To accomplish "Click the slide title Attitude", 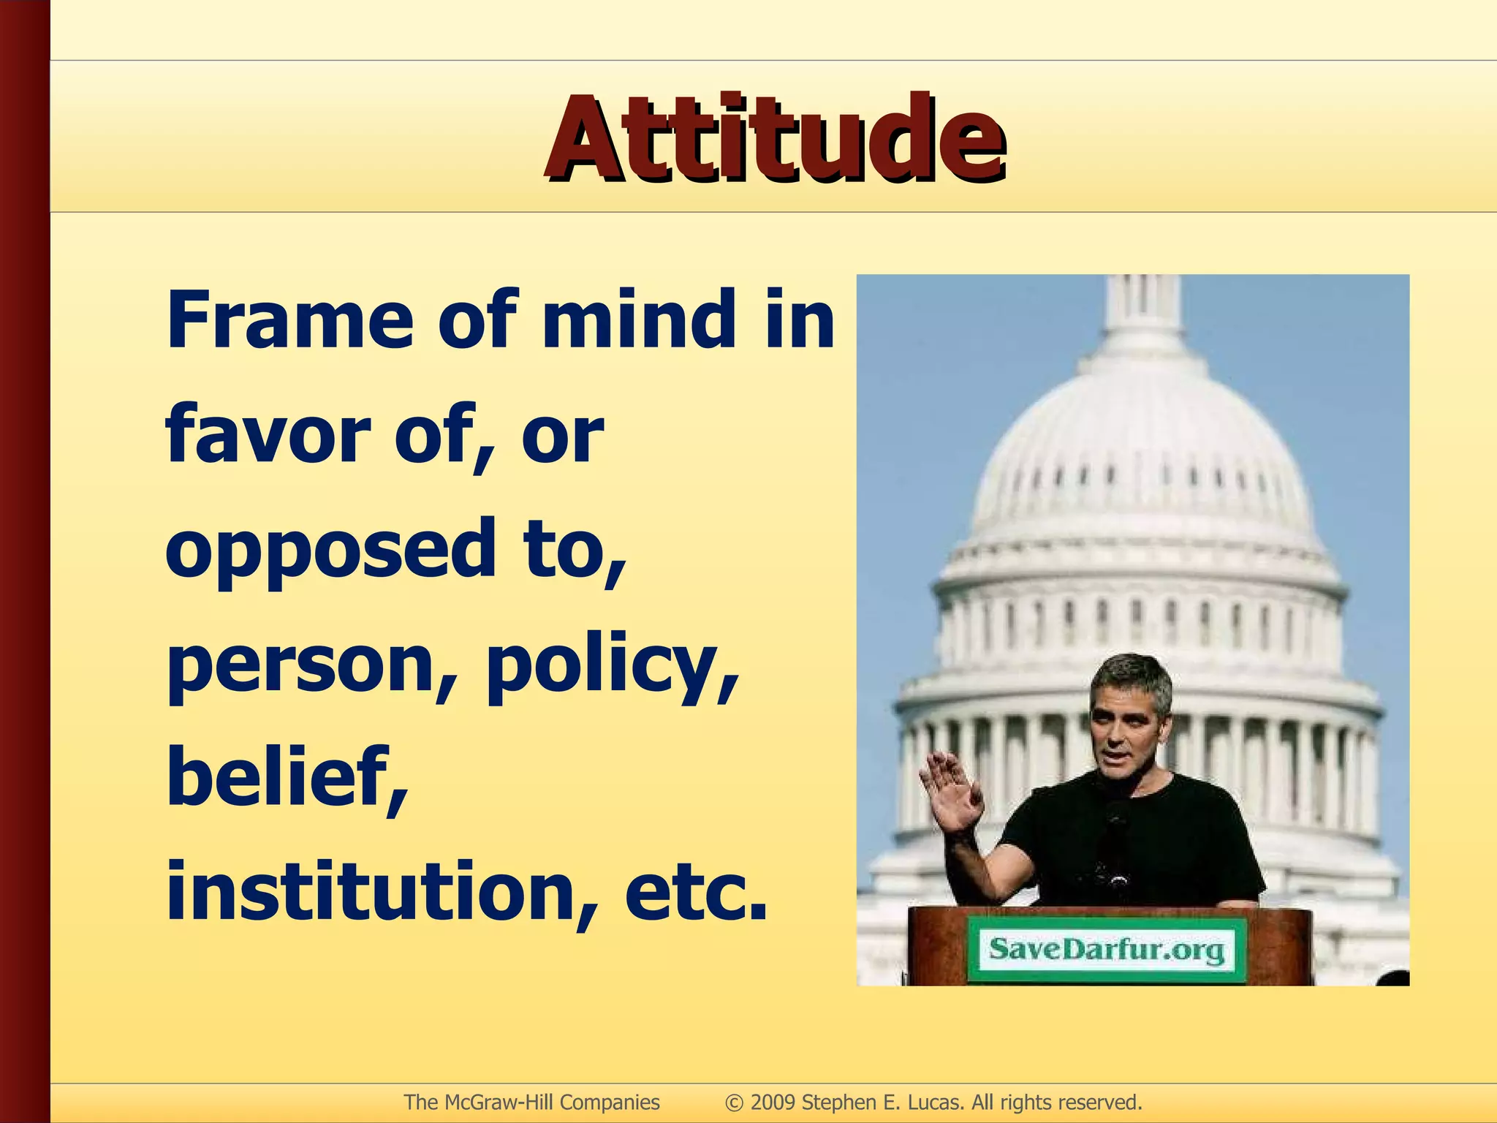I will [x=775, y=139].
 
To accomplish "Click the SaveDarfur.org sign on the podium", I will [x=1107, y=950].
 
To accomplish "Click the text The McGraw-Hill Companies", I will [x=531, y=1102].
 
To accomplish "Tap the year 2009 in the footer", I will [x=773, y=1102].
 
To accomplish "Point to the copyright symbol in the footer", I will [x=734, y=1103].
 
